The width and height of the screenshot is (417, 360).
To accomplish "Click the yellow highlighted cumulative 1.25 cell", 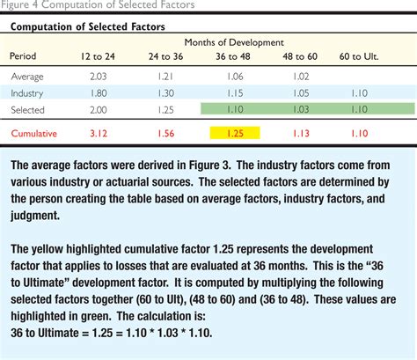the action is pyautogui.click(x=235, y=133).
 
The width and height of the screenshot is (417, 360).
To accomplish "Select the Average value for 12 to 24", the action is pyautogui.click(x=99, y=77).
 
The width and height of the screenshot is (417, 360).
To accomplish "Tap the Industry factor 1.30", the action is pyautogui.click(x=165, y=93).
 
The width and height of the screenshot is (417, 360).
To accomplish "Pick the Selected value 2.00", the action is pyautogui.click(x=99, y=110).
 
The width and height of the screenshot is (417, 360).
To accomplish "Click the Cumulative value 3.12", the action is pyautogui.click(x=99, y=134).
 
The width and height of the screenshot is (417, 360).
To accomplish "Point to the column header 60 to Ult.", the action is pyautogui.click(x=359, y=56).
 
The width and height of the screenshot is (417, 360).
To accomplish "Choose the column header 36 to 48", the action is pyautogui.click(x=233, y=56).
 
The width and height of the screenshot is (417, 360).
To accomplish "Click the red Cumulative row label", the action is pyautogui.click(x=34, y=134).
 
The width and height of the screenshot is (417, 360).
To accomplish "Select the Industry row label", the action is pyautogui.click(x=27, y=93).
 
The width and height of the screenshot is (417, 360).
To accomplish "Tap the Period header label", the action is pyautogui.click(x=23, y=55).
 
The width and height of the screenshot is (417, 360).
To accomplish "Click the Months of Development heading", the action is pyautogui.click(x=234, y=42).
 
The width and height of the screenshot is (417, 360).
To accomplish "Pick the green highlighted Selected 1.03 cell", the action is pyautogui.click(x=301, y=109).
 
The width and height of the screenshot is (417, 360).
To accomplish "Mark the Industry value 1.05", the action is pyautogui.click(x=301, y=93).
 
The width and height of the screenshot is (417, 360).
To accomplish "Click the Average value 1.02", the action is pyautogui.click(x=301, y=77).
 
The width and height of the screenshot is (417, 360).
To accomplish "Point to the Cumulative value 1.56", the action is pyautogui.click(x=166, y=134).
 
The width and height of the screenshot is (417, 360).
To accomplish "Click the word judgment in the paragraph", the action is pyautogui.click(x=35, y=216).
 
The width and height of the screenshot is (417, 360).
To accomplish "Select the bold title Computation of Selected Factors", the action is pyautogui.click(x=88, y=26).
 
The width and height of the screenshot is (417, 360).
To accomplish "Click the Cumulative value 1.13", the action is pyautogui.click(x=301, y=134).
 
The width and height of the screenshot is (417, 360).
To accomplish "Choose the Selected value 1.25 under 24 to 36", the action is pyautogui.click(x=165, y=110).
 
